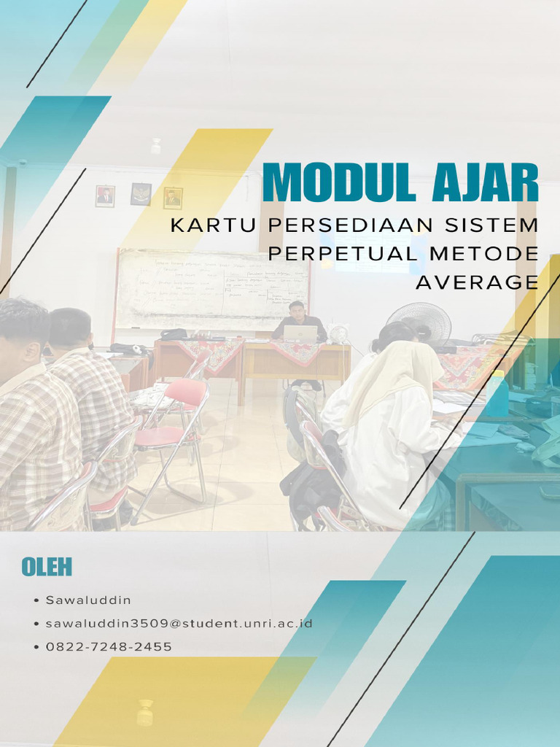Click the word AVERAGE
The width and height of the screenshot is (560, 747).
click(x=477, y=282)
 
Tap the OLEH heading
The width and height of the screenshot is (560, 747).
click(x=47, y=567)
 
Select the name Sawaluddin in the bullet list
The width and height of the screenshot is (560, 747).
click(x=88, y=600)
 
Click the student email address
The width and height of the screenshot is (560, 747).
click(x=179, y=624)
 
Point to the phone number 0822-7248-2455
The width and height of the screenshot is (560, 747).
click(x=109, y=647)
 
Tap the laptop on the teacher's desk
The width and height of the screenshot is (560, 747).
click(x=300, y=333)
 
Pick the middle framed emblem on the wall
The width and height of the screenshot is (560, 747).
click(x=141, y=194)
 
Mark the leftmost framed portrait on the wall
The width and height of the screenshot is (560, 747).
click(x=105, y=196)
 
